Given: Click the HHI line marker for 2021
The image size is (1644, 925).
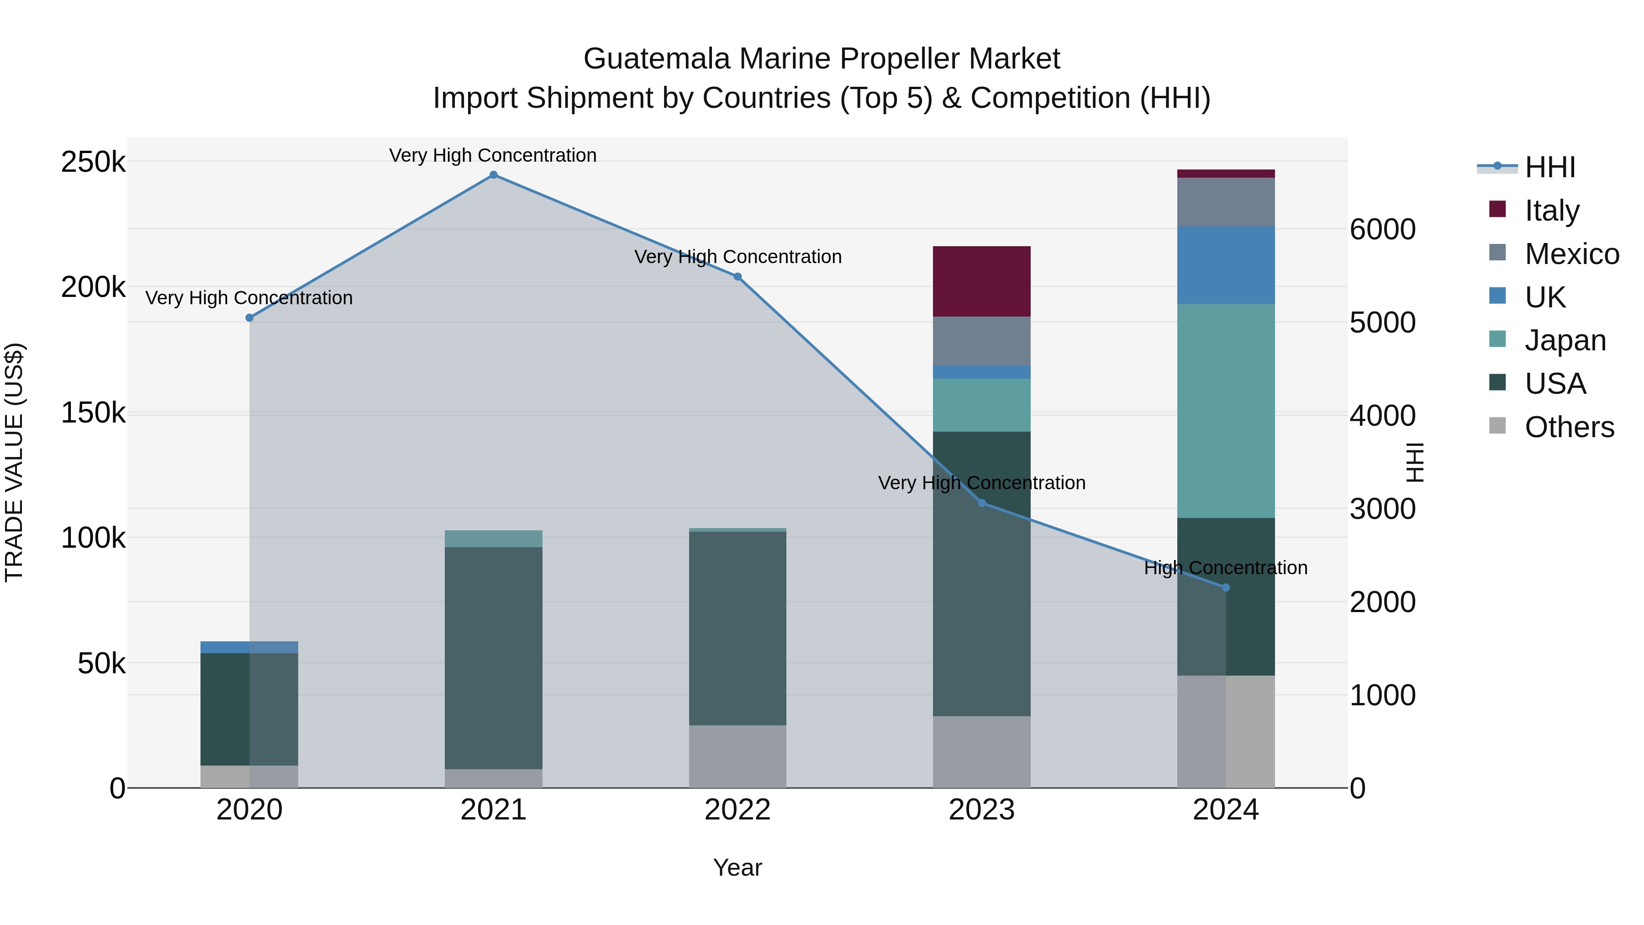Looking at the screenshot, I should (x=493, y=175).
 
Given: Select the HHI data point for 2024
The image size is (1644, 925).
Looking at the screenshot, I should (x=1225, y=587).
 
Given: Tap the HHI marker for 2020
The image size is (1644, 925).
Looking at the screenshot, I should (x=249, y=318).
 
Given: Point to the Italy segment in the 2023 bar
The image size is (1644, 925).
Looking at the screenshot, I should (x=981, y=281).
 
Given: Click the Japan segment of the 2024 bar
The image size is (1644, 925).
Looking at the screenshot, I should (x=1225, y=411).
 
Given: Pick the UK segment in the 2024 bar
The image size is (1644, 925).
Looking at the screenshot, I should (x=1225, y=265).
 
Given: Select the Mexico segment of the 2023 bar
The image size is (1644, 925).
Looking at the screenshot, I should (x=981, y=341).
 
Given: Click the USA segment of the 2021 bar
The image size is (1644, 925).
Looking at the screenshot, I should (x=493, y=657).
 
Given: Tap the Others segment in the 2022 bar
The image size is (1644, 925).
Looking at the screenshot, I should (x=737, y=756).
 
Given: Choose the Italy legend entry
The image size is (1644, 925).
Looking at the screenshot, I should (x=1551, y=211).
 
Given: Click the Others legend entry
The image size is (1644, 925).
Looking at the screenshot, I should (x=1569, y=427).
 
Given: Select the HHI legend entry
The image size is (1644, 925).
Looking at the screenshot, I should (x=1549, y=167).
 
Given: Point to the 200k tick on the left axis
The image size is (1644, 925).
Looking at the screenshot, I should (x=93, y=287).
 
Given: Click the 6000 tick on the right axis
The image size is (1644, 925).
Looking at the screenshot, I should (x=1382, y=229).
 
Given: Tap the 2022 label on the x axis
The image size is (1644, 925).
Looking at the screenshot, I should (x=737, y=810).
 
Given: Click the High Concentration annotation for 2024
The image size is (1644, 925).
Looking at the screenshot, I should (x=1225, y=567).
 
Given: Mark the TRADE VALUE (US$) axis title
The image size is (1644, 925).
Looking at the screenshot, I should (x=14, y=462).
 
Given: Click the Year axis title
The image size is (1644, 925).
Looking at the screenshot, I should (x=737, y=867).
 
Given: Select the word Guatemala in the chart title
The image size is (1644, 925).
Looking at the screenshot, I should (x=657, y=59).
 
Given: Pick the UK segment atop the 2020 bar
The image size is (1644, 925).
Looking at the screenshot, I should (x=249, y=647).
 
